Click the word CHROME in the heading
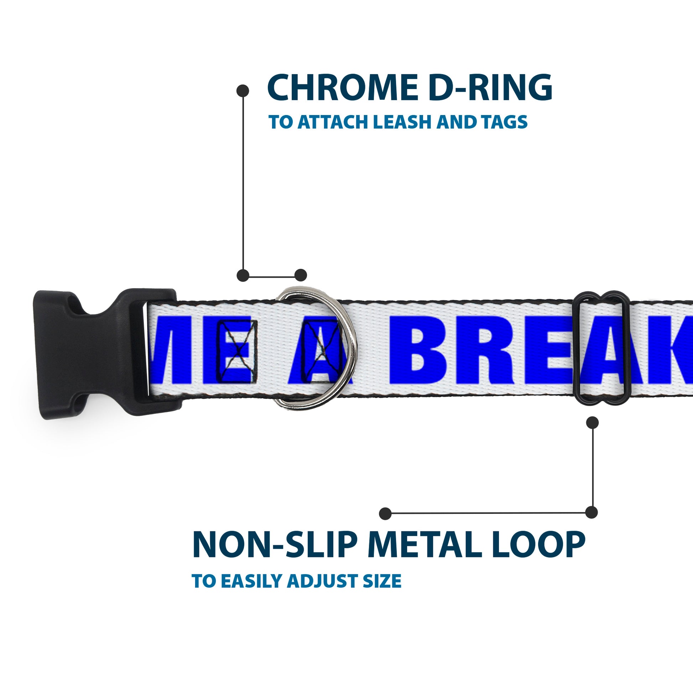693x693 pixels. pos(343,88)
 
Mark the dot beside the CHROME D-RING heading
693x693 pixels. pos(243,91)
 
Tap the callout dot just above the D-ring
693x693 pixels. pos(301,275)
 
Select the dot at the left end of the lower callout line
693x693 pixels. pos(385,514)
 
